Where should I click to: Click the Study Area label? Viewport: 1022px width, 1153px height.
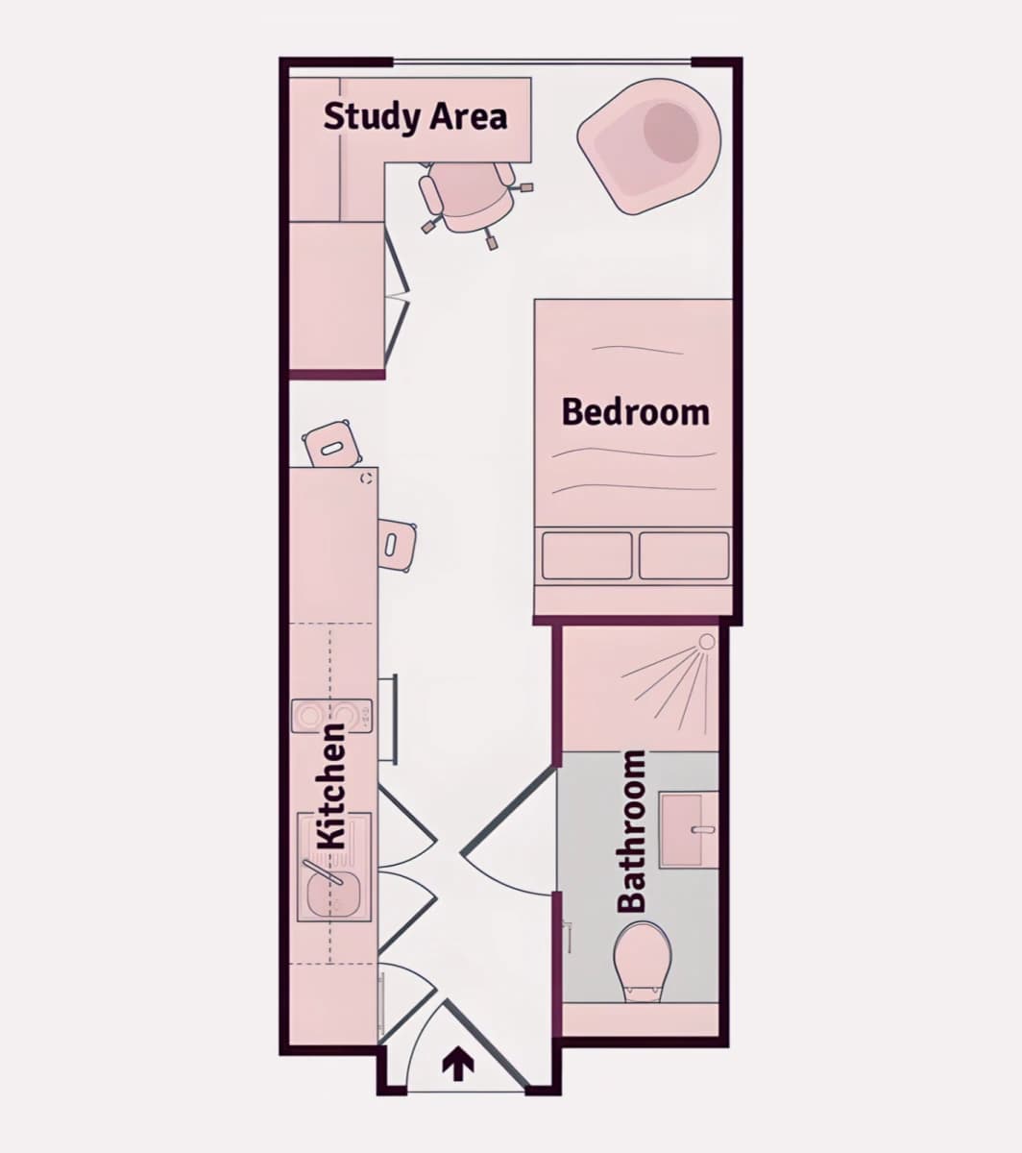415,116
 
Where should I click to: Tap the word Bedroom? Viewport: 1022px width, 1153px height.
636,412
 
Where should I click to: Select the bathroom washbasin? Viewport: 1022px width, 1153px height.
689,830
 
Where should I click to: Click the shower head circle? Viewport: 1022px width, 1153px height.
707,642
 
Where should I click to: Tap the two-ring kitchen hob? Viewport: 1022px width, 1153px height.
331,716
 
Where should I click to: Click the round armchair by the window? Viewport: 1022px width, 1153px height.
649,146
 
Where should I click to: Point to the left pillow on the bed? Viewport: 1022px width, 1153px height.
587,555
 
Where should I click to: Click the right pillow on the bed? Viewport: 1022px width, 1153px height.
684,555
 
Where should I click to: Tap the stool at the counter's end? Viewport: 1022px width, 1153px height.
333,444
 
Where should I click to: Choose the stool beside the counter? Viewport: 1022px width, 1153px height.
397,546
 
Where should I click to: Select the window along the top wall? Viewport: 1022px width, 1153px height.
542,61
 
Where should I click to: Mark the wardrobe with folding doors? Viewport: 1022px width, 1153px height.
337,297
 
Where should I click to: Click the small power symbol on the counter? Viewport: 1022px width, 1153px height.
367,478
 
